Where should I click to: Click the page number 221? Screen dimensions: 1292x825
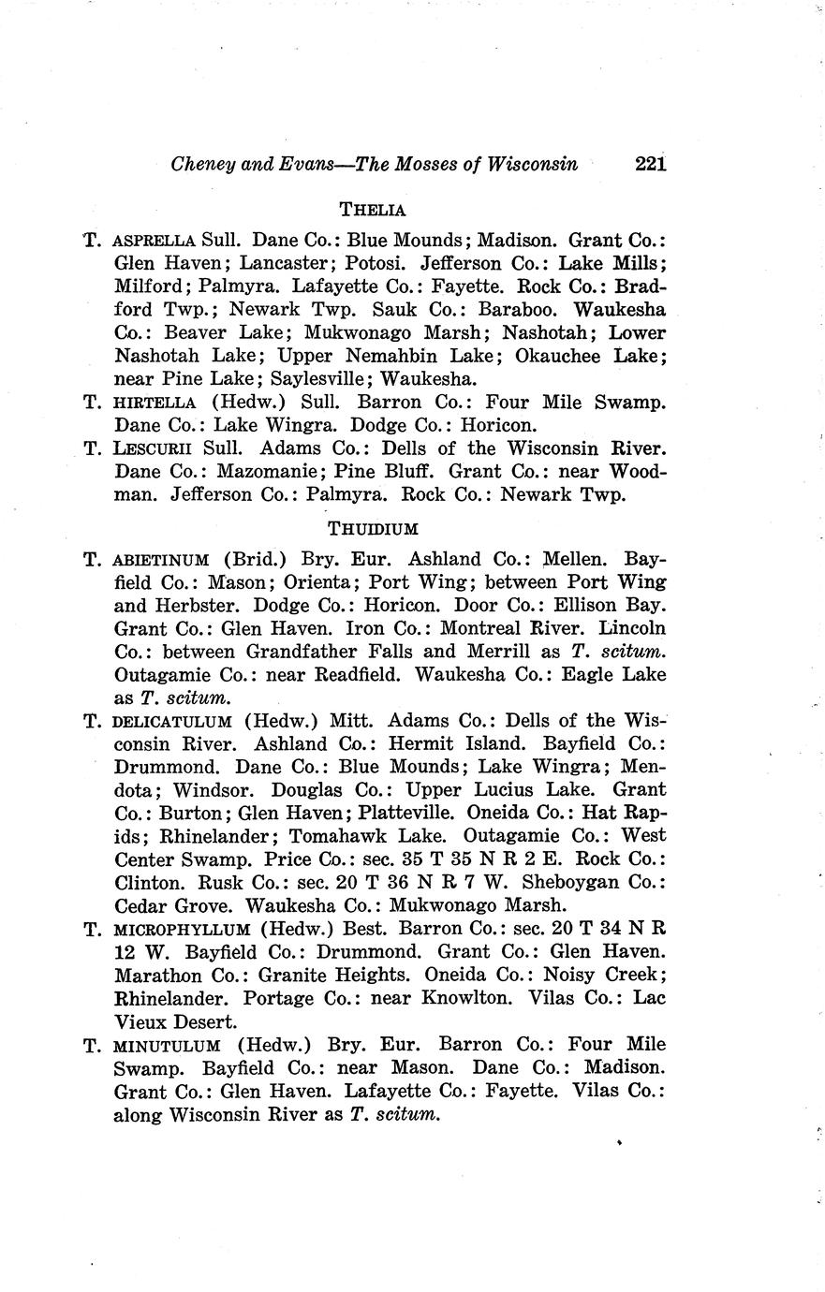tap(649, 165)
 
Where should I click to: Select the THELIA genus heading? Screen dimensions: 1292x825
tap(373, 209)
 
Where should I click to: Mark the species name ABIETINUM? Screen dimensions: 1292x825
tap(160, 561)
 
